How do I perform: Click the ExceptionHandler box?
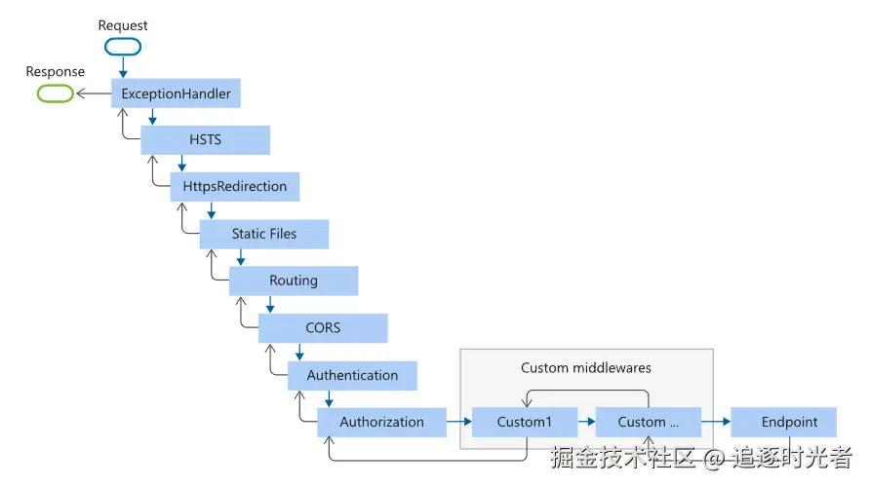(x=176, y=93)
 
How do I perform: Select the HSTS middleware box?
(x=205, y=140)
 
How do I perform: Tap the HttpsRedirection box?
(x=234, y=186)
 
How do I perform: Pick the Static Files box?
(x=263, y=234)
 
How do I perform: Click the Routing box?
(x=294, y=281)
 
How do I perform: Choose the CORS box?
(x=323, y=328)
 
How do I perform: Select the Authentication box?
(x=352, y=375)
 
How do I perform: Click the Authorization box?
(x=381, y=423)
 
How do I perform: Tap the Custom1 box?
(x=525, y=423)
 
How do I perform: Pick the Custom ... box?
(x=648, y=423)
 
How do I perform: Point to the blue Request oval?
(x=123, y=47)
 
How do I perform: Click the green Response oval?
(x=56, y=94)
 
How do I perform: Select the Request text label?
(x=123, y=25)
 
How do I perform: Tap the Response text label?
(x=56, y=71)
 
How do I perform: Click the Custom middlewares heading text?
(x=586, y=368)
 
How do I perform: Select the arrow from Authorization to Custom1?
(x=459, y=422)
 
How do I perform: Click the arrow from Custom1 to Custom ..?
(x=586, y=422)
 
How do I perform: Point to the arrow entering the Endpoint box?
(x=716, y=422)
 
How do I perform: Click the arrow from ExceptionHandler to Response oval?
(x=94, y=94)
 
